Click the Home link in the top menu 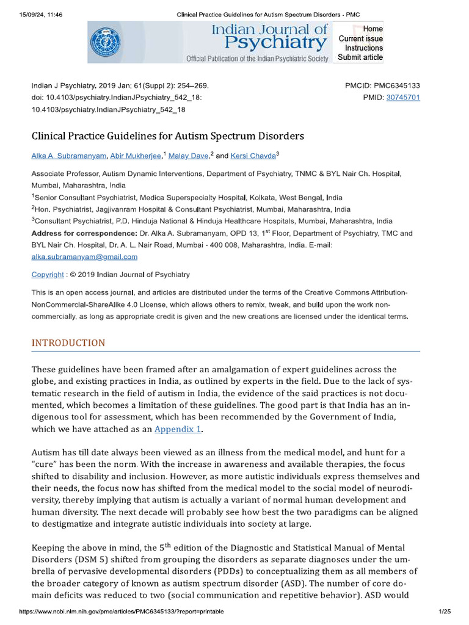click(373, 29)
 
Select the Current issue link click(361, 38)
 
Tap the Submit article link click(360, 57)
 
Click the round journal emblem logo click(106, 42)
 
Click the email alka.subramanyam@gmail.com click(84, 257)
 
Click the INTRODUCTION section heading click(68, 343)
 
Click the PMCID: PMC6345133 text click(382, 86)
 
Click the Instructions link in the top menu click(364, 48)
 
